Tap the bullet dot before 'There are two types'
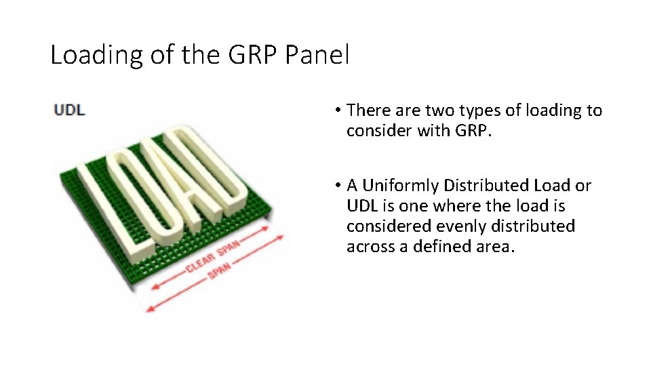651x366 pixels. (336, 110)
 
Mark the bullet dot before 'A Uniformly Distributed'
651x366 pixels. (336, 186)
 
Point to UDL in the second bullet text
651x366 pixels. (361, 206)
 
